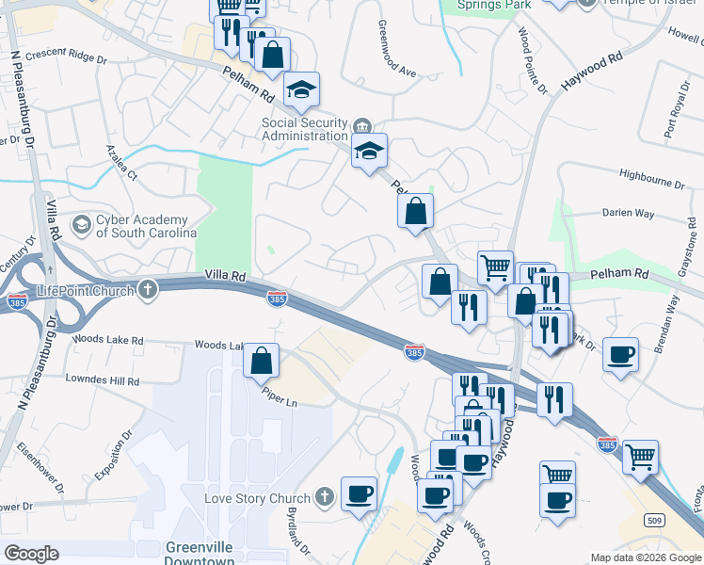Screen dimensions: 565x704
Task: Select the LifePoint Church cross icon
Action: click(147, 289)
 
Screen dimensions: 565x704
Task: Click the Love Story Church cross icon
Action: click(324, 496)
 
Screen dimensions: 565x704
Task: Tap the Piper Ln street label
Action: click(279, 401)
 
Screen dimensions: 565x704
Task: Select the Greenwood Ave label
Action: click(395, 49)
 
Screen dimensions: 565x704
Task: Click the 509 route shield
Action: click(657, 519)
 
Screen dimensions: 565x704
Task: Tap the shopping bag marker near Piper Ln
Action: click(261, 359)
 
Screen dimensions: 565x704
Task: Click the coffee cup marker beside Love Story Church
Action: click(359, 493)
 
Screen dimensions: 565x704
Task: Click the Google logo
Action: click(32, 554)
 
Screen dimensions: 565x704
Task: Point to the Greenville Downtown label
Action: click(200, 553)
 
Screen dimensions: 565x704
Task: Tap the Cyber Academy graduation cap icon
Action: click(83, 224)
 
